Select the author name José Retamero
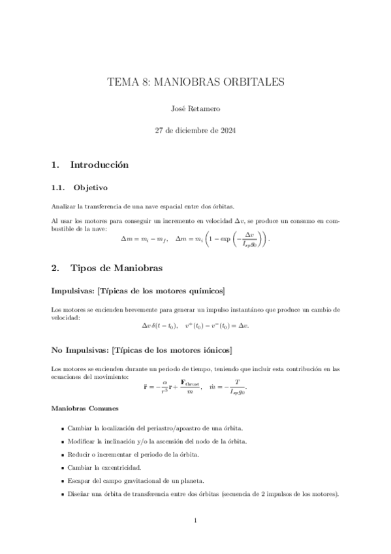(x=195, y=110)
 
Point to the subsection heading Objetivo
(x=93, y=188)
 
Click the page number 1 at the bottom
(x=195, y=521)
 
